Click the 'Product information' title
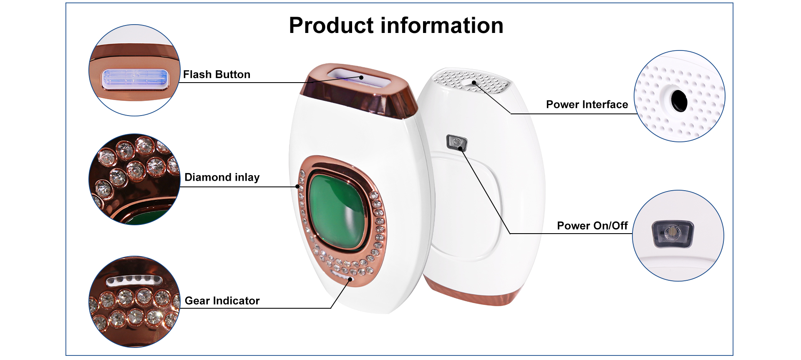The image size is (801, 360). coord(396,25)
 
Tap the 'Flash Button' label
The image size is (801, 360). coord(217,75)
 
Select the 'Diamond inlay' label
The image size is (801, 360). coord(222,177)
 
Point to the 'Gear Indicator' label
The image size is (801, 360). coord(222,301)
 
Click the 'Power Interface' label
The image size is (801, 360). coord(587,104)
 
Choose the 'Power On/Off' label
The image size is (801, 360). coord(592,226)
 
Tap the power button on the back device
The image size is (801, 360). coord(457,142)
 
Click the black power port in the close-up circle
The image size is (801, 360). coord(679,101)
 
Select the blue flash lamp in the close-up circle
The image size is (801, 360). coord(135,78)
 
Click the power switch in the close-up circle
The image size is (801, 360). coord(673,234)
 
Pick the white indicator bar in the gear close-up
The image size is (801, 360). coord(134,280)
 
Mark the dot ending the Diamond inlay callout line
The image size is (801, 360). coord(297,186)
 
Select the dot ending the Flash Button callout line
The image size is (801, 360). coord(362,77)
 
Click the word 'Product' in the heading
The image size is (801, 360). coord(332,25)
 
